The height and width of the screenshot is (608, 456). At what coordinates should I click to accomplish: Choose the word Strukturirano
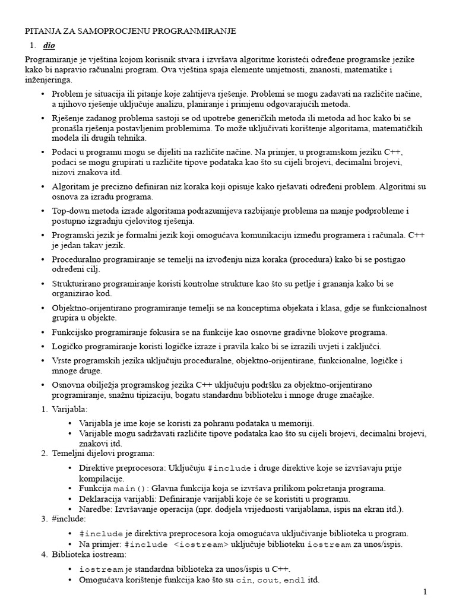[79, 284]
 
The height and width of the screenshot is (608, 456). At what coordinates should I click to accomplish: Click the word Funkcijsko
[74, 332]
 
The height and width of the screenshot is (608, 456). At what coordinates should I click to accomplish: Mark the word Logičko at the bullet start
[69, 346]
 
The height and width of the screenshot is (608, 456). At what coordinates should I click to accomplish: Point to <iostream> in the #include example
[201, 544]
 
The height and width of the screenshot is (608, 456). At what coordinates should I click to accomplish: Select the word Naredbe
[94, 509]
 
